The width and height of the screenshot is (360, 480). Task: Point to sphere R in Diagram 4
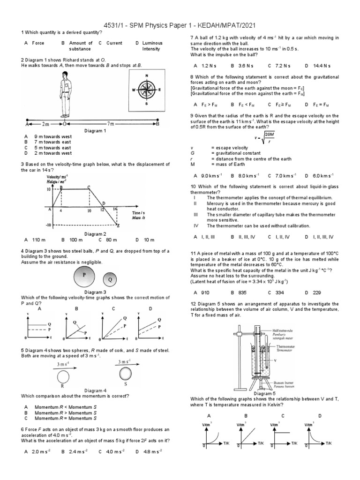(x=62, y=375)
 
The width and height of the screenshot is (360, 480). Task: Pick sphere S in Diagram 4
(x=125, y=374)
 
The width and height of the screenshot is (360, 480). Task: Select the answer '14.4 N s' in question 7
(x=322, y=66)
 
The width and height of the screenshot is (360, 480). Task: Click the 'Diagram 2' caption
(x=95, y=233)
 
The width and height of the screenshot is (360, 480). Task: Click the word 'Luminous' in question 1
(x=152, y=43)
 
